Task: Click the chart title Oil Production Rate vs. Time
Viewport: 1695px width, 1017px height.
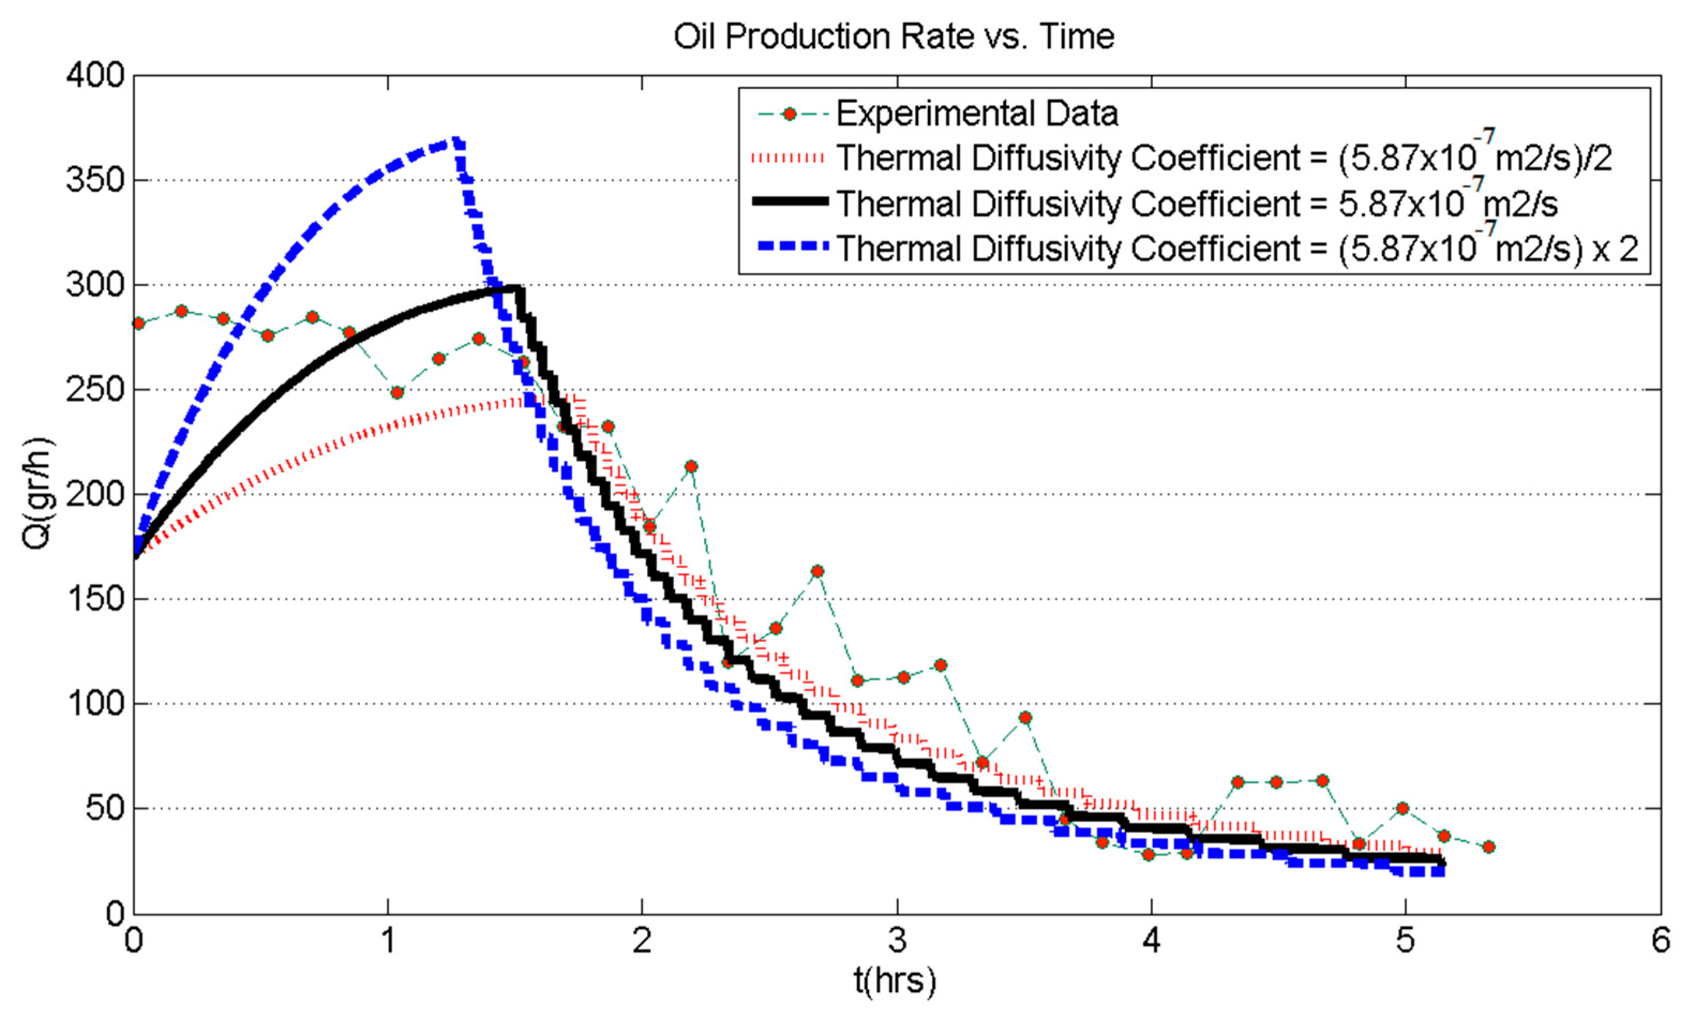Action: [894, 37]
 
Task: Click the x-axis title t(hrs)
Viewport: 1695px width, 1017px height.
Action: [895, 981]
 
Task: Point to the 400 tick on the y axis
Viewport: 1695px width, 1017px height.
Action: [96, 76]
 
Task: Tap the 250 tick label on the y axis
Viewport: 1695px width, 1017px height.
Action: [96, 390]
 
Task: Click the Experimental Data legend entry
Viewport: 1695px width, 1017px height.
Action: [977, 114]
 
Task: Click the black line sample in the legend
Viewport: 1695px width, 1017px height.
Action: [790, 201]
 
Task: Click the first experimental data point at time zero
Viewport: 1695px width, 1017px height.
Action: [138, 323]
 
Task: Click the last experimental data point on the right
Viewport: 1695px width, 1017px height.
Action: [1489, 847]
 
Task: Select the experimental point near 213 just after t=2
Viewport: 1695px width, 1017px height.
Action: [691, 466]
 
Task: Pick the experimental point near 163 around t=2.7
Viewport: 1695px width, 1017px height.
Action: [817, 571]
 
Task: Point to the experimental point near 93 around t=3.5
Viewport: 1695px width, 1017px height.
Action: [1025, 718]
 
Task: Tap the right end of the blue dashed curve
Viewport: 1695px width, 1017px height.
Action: [1442, 871]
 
